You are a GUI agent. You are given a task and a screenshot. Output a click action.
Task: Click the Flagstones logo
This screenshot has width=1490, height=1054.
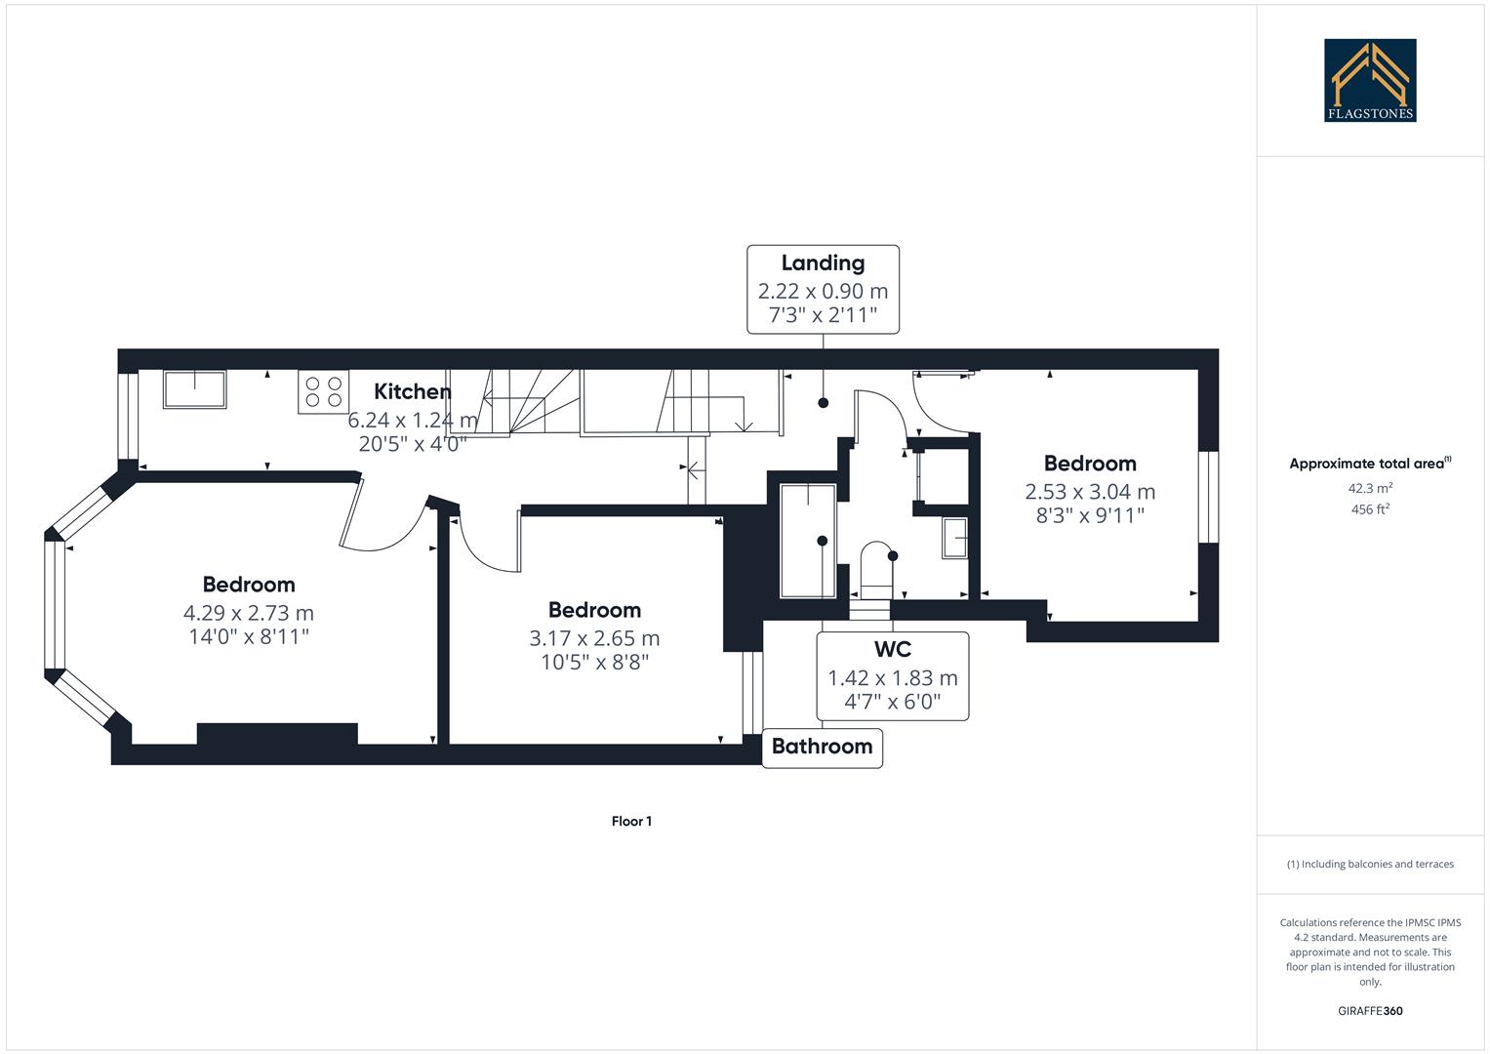pos(1369,80)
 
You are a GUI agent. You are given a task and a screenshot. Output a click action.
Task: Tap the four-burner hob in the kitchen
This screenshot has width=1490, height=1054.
pos(324,392)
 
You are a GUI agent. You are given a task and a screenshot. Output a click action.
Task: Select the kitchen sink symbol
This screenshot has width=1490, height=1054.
pos(194,389)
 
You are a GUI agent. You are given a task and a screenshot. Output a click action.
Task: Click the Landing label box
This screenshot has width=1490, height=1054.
pos(823,290)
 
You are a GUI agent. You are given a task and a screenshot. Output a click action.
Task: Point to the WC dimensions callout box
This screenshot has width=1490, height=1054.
pos(892,676)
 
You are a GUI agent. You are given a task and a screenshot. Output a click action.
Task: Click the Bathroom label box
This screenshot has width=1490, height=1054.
pos(822,747)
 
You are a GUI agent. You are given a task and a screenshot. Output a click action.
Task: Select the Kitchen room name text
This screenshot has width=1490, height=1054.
pos(413,391)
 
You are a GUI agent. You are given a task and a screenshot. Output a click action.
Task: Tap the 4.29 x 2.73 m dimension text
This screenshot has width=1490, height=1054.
pos(249,613)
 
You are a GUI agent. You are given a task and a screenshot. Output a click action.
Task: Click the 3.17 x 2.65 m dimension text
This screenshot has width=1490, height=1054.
pos(594,638)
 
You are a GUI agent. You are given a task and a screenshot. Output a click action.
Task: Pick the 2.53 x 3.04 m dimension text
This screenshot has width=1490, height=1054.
pos(1090,492)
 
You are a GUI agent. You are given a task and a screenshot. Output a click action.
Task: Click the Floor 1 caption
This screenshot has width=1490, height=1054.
pos(631,821)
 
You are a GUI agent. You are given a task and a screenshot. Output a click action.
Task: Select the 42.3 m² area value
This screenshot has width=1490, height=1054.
pos(1370,488)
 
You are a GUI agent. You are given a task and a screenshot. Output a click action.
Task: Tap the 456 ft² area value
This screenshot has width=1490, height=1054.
pos(1370,509)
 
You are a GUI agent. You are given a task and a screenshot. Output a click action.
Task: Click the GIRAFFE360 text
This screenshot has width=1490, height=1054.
pos(1370,1011)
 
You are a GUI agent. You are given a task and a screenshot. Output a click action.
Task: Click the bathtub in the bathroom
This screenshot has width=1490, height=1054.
pos(808,539)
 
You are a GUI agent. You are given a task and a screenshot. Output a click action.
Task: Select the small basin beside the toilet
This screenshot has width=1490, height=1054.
pos(954,539)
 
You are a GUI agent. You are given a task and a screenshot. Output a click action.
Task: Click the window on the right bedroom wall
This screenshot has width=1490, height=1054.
pos(1208,496)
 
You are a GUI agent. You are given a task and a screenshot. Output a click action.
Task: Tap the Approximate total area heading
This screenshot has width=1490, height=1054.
pos(1370,464)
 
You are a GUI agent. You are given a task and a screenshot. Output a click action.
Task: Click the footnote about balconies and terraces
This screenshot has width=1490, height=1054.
pos(1370,864)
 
